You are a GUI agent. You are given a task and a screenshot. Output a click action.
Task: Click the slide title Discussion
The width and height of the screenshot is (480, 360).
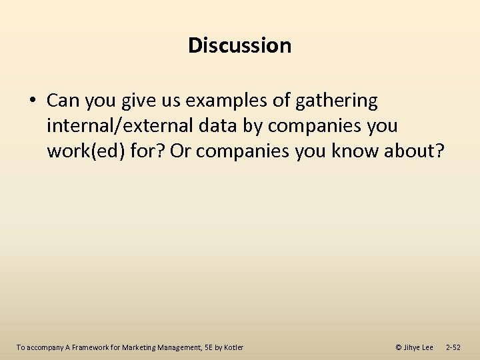tap(239, 45)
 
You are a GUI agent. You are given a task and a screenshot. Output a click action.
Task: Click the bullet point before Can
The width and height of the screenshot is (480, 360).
tap(33, 101)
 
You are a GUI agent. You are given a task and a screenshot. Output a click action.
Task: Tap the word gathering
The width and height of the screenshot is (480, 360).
tap(336, 101)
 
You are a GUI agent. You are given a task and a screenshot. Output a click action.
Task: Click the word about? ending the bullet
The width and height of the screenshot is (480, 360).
tap(419, 151)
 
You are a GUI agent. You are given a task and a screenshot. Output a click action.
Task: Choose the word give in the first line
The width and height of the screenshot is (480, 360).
tap(141, 101)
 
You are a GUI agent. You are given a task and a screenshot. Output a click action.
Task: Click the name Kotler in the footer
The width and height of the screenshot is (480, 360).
tap(233, 347)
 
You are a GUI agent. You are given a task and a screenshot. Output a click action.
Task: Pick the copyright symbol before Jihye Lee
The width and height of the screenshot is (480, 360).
tap(399, 347)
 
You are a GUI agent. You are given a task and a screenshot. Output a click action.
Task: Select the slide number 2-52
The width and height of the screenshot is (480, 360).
tap(453, 347)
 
